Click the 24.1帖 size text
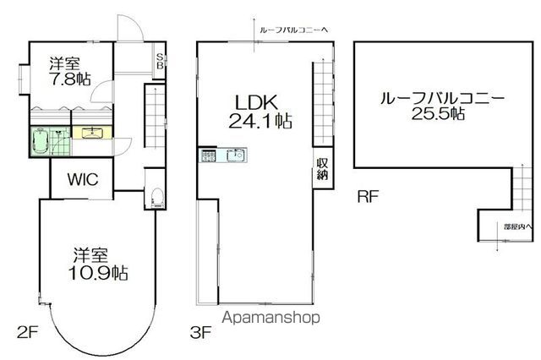(x=260, y=121)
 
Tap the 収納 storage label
(x=322, y=169)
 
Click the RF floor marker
(x=367, y=199)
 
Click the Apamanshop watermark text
(x=271, y=319)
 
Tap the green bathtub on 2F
(x=40, y=138)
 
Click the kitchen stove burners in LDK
(x=210, y=155)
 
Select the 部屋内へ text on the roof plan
(x=516, y=226)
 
